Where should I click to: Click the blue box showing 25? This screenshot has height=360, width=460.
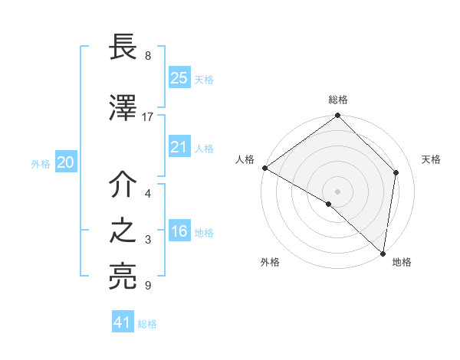tap(179, 77)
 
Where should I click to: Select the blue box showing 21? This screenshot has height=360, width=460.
tap(179, 147)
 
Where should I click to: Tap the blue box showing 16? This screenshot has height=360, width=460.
tap(179, 232)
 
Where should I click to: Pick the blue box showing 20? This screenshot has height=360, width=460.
tap(66, 162)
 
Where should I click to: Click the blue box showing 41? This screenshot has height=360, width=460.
tap(123, 322)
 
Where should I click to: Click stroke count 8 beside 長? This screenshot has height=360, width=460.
tap(148, 56)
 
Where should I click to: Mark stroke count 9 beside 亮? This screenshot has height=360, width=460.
tap(148, 286)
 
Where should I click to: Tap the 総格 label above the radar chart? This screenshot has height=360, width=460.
tap(338, 100)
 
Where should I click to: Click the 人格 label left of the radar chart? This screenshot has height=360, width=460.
tap(245, 159)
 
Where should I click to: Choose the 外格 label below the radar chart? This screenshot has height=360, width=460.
tap(270, 263)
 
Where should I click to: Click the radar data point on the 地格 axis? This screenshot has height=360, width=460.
tap(383, 254)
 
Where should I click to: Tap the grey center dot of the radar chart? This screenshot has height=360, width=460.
tap(338, 191)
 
